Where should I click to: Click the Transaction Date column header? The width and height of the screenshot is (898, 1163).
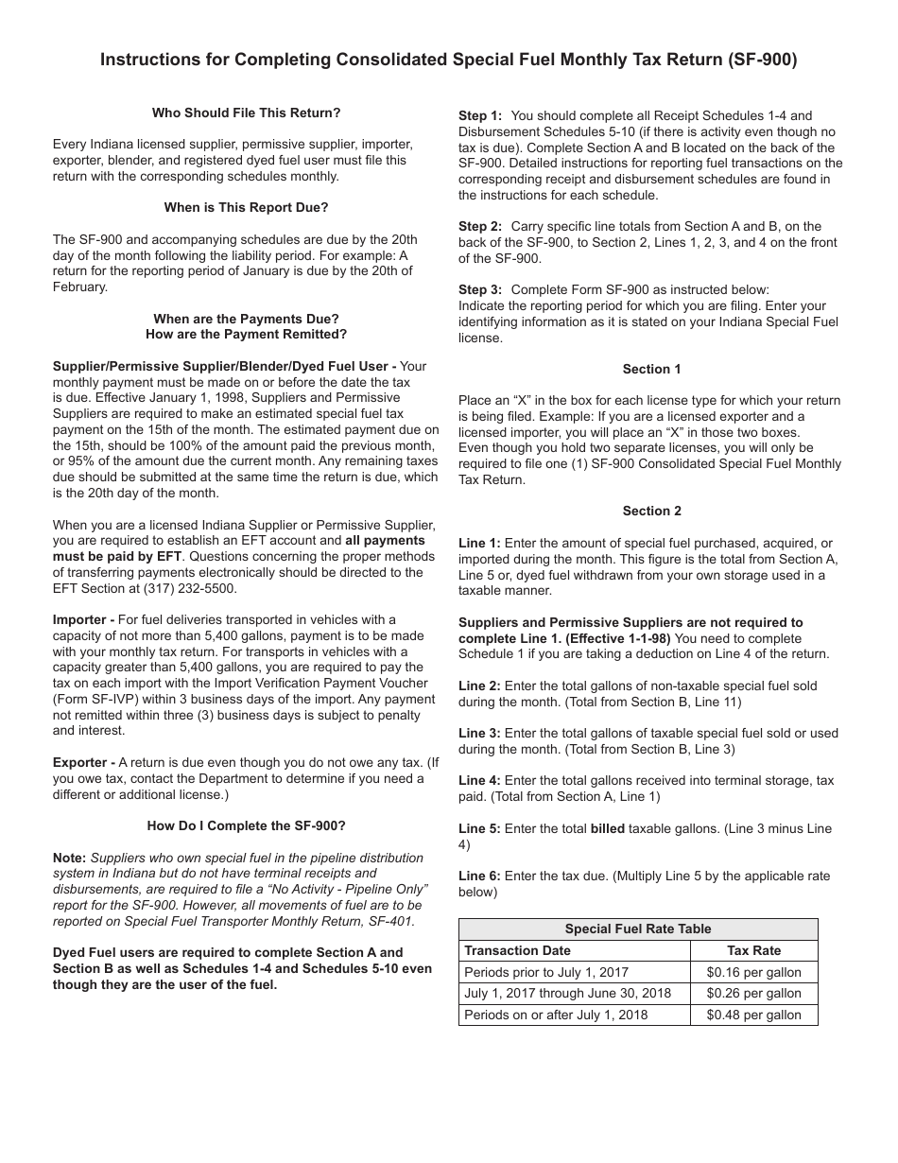[x=518, y=950]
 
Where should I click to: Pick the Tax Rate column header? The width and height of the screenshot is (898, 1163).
[x=753, y=950]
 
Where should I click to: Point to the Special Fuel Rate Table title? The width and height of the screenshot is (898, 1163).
[x=638, y=929]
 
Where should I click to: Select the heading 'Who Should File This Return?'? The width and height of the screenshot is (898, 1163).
[x=246, y=113]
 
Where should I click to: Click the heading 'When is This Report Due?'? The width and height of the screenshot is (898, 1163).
[x=246, y=207]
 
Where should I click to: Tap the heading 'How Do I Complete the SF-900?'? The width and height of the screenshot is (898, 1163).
[x=246, y=825]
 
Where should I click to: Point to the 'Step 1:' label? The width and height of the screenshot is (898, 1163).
[x=480, y=116]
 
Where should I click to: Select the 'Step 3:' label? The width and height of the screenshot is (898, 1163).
[x=480, y=289]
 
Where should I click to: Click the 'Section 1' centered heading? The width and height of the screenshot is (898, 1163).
[x=651, y=369]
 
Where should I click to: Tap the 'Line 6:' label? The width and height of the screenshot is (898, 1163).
[x=479, y=876]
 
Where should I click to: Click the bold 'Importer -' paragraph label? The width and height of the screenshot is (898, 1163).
[x=84, y=619]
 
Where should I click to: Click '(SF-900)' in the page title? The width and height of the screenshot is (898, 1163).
[x=762, y=60]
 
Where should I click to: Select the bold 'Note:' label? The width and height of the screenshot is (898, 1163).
[x=69, y=858]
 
